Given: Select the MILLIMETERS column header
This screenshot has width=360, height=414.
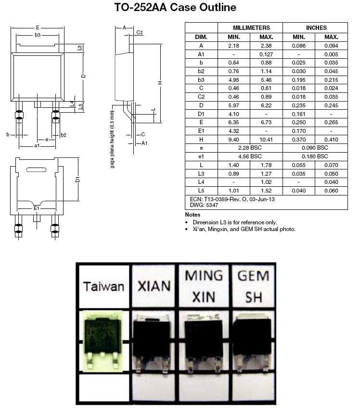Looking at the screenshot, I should tap(251, 28).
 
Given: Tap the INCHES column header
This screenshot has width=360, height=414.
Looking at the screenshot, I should tap(316, 28).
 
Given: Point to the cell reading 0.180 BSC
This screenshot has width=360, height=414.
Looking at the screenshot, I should tap(315, 156).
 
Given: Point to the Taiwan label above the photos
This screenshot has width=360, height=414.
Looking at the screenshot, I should tap(103, 287).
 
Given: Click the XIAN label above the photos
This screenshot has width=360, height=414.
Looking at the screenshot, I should tap(154, 286).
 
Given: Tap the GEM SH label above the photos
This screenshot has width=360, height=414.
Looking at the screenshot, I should tap(254, 286).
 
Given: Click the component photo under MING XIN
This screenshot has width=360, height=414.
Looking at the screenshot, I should tap(204, 343).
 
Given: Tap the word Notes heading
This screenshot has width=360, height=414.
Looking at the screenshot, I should tap(193, 215).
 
